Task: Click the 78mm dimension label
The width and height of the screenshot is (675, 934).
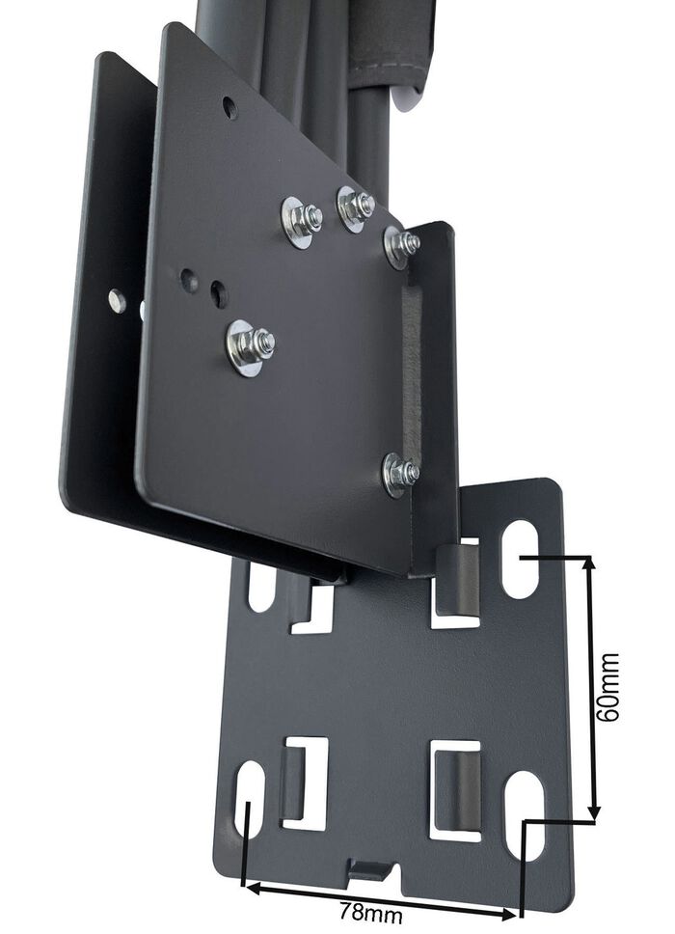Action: pyautogui.click(x=370, y=911)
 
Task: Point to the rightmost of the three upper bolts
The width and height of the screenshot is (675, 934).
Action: pyautogui.click(x=401, y=245)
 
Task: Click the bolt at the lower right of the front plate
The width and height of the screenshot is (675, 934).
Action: pyautogui.click(x=400, y=473)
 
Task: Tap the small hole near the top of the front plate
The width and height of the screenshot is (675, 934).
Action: pyautogui.click(x=229, y=107)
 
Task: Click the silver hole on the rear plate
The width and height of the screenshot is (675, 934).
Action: pyautogui.click(x=117, y=301)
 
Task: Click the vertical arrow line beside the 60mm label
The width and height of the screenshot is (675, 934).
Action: pyautogui.click(x=592, y=687)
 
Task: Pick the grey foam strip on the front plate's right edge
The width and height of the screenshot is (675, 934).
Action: pyautogui.click(x=412, y=367)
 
